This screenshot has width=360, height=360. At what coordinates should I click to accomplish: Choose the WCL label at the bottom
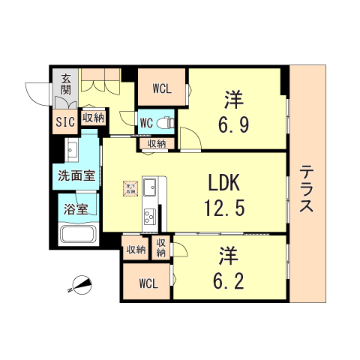[148, 284]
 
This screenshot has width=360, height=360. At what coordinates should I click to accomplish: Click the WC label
[147, 121]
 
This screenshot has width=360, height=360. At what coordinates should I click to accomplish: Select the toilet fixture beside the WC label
[166, 121]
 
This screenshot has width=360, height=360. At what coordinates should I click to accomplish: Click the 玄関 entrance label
[66, 85]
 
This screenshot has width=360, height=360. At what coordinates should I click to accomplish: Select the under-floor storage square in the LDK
[130, 187]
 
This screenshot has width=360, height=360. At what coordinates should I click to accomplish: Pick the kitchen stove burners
[148, 215]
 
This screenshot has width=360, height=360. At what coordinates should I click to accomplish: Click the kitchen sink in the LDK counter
[148, 186]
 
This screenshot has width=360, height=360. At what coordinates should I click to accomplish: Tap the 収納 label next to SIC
[93, 118]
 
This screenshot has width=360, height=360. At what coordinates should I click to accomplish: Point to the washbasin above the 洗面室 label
[72, 151]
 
